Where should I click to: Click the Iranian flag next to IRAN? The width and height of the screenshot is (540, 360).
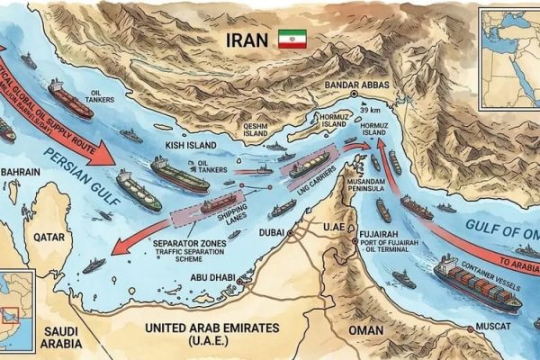pyautogui.click(x=292, y=40)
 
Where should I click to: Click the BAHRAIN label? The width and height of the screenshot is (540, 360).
pyautogui.click(x=22, y=170)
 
